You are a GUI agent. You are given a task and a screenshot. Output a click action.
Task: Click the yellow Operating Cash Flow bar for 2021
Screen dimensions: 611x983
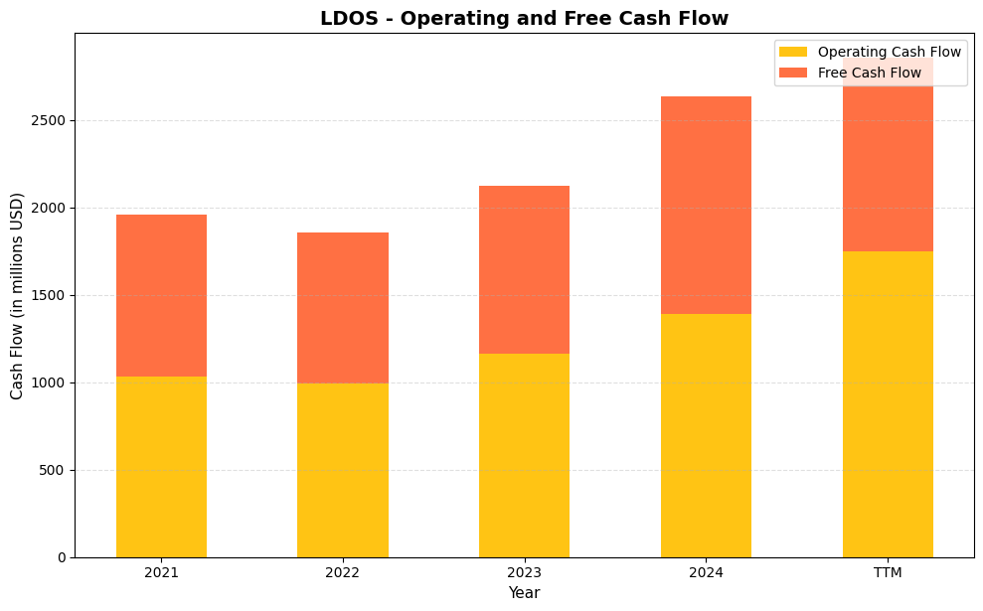click(x=161, y=467)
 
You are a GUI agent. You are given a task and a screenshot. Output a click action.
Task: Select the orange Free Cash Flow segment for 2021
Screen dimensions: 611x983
click(x=161, y=295)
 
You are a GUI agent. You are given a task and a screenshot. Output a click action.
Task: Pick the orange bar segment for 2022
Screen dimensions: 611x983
click(x=342, y=308)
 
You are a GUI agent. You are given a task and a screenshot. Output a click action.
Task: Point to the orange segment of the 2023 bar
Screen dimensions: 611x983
click(x=524, y=269)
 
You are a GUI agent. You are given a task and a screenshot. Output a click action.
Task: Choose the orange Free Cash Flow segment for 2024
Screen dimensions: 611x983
click(x=706, y=205)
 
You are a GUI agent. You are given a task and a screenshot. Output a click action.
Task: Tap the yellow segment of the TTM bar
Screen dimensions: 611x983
click(x=888, y=403)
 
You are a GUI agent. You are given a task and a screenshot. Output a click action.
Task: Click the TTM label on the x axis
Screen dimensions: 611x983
click(x=888, y=573)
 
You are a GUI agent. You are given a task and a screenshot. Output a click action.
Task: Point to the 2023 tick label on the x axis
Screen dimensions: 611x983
click(x=524, y=573)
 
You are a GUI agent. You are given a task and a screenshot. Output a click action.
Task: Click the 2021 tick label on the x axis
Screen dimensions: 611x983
click(x=161, y=573)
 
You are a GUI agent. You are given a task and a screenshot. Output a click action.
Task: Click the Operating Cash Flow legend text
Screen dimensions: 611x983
click(x=889, y=52)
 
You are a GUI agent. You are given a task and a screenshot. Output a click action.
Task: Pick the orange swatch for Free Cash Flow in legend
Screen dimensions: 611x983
click(x=793, y=73)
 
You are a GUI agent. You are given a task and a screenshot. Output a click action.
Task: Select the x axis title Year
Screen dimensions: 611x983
click(x=524, y=593)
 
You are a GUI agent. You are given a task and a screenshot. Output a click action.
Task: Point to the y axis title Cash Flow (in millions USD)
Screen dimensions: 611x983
click(x=17, y=295)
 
